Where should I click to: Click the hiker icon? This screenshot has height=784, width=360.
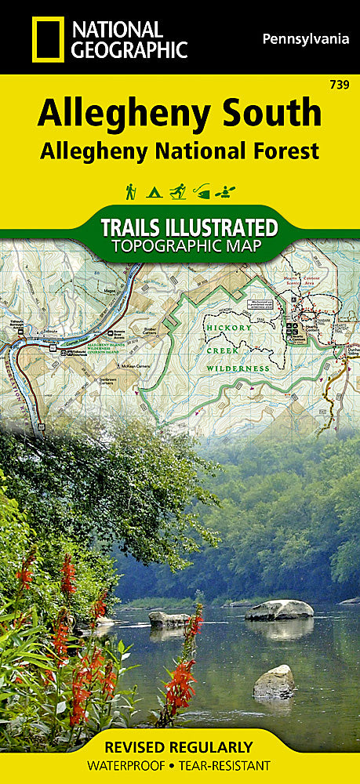point(130,191)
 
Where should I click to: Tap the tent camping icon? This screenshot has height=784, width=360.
point(155,191)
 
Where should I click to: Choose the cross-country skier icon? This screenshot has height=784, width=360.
point(178,191)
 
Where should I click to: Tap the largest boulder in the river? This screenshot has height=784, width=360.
point(278,610)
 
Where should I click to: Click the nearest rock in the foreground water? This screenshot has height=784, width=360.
point(275,681)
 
